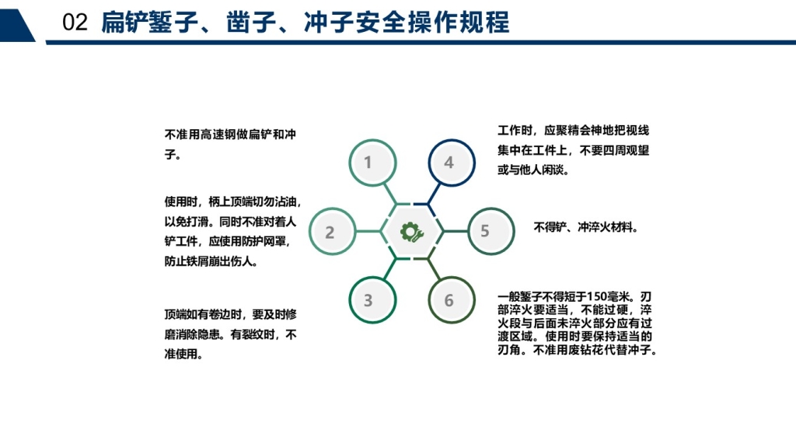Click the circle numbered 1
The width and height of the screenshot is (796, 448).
[372, 163]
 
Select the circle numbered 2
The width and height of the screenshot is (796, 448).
[333, 232]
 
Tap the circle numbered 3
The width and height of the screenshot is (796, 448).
[372, 299]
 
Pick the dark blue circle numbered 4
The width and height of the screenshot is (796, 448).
[452, 163]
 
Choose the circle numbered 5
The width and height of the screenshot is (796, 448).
[491, 231]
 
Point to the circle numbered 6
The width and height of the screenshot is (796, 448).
[452, 299]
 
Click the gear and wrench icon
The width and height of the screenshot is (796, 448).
[412, 232]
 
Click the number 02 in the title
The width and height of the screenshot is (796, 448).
[75, 23]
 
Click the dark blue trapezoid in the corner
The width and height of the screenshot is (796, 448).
[18, 26]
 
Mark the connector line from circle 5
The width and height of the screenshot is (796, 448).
[456, 232]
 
